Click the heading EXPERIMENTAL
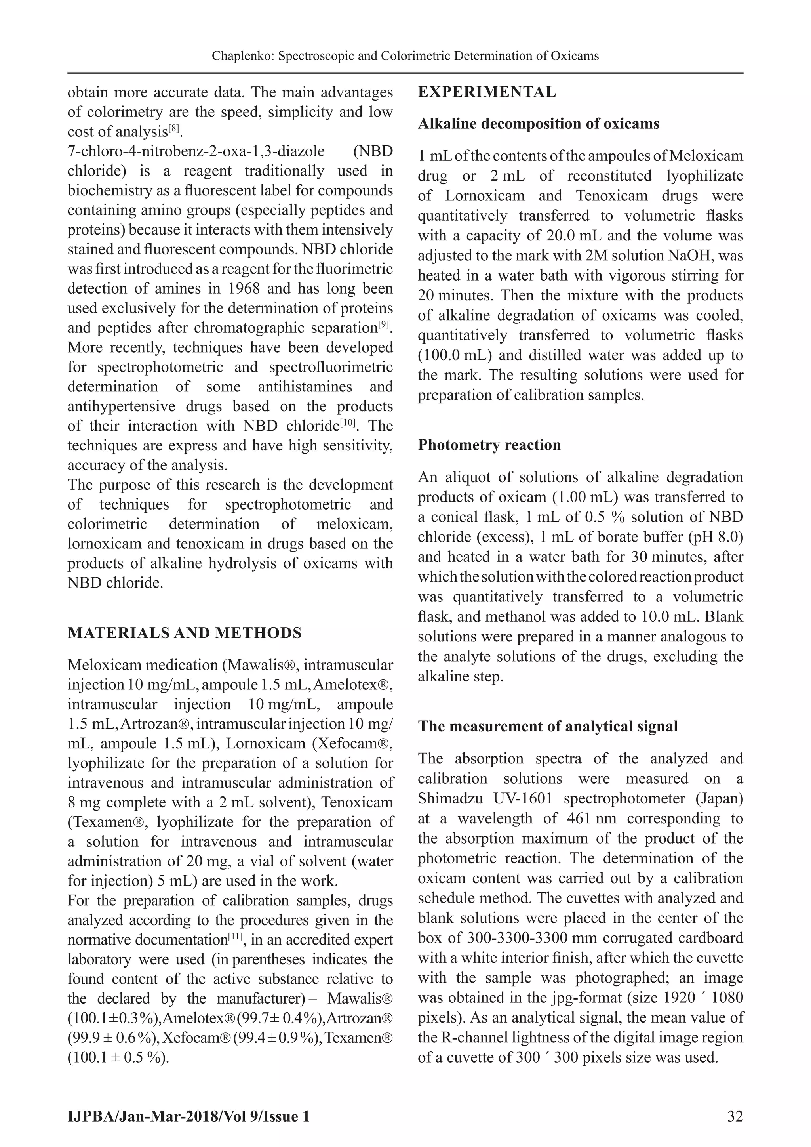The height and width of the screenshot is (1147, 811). (x=487, y=92)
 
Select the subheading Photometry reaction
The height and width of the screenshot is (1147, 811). (x=489, y=445)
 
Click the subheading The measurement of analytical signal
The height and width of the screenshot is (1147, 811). (x=547, y=726)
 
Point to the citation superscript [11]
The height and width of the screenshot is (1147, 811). (x=235, y=937)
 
